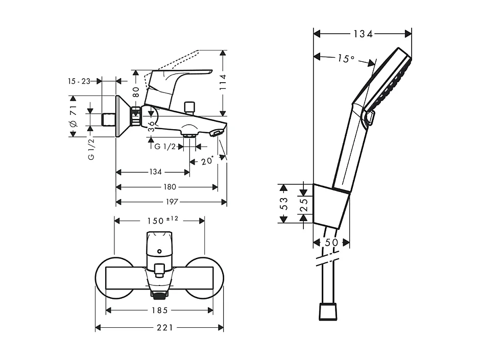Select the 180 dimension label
coord(170,187)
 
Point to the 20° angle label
coord(206,161)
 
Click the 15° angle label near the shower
coord(345,59)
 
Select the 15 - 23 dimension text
coord(79,81)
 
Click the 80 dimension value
coord(136,91)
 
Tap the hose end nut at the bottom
coord(328,311)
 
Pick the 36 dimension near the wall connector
coord(151,126)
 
